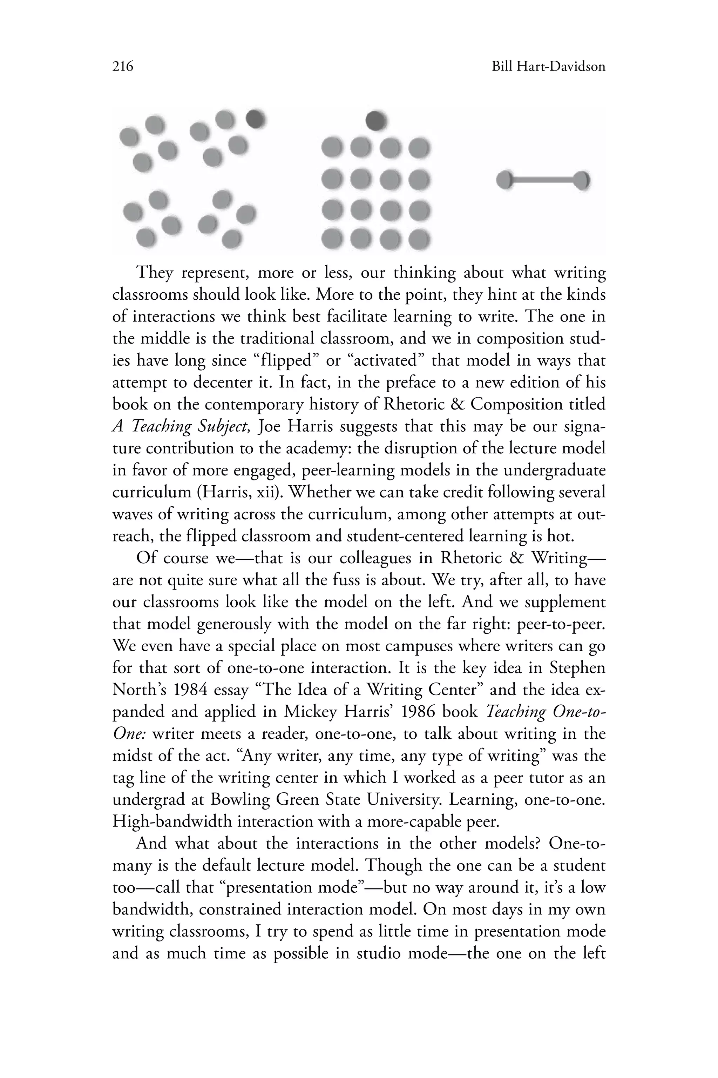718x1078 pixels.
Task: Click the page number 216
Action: (123, 67)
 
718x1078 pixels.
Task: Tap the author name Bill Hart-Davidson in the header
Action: (548, 67)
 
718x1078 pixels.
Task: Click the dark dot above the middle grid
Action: (377, 121)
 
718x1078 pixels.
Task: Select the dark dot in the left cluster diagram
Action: (256, 119)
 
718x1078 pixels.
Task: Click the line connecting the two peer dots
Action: (543, 180)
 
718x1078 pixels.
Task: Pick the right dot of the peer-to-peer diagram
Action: (582, 180)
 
